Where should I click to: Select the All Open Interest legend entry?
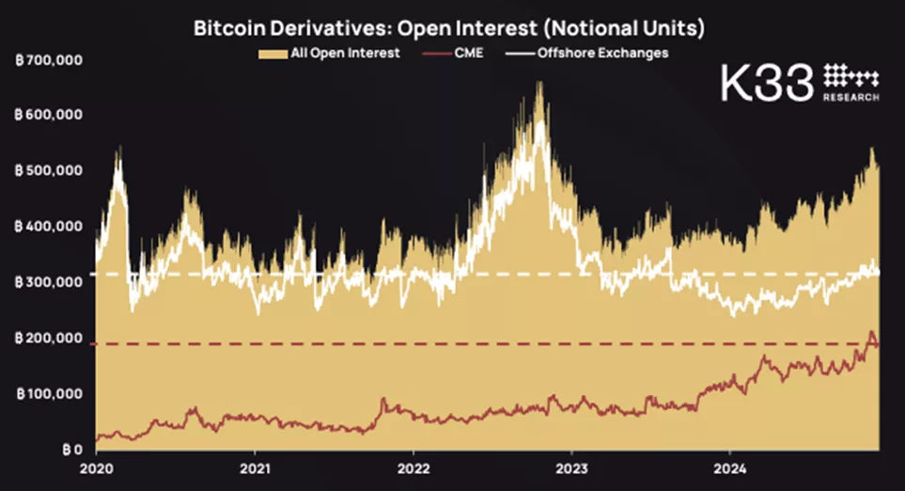[329, 54]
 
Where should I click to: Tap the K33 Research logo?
[799, 85]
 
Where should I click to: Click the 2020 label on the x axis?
[97, 467]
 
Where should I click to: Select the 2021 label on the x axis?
[256, 467]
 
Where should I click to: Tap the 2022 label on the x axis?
[414, 467]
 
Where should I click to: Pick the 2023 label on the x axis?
[573, 467]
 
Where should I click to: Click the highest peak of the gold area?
[539, 83]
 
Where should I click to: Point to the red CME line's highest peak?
[871, 332]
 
